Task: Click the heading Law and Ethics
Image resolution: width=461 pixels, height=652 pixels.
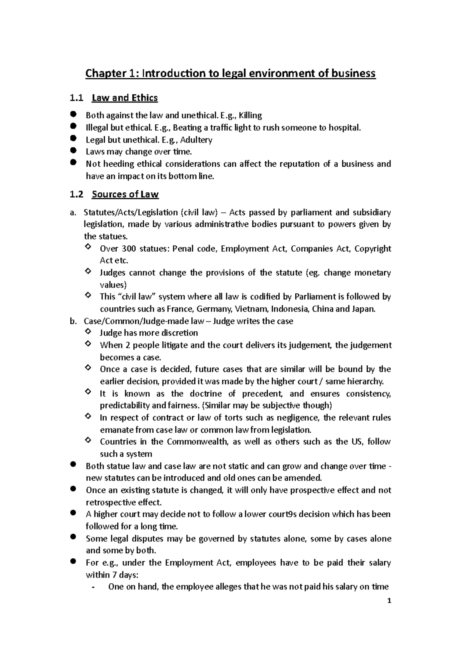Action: point(125,98)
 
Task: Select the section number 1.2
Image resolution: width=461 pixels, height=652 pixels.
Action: point(76,195)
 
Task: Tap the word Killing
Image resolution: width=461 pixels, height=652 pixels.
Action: point(250,116)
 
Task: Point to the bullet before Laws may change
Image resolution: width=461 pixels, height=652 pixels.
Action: point(73,151)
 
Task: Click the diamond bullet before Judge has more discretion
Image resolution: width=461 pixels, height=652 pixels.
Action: point(88,332)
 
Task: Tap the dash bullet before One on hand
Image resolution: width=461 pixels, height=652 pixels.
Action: point(94,587)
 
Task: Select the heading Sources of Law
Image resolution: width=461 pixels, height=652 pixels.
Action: point(125,195)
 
